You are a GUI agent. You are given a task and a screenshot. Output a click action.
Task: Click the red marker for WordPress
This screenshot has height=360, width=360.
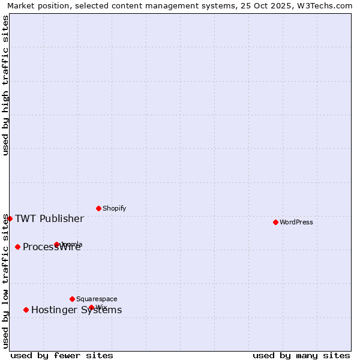coord(275,222)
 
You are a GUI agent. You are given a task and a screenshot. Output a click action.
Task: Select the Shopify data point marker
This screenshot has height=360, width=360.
coord(98,208)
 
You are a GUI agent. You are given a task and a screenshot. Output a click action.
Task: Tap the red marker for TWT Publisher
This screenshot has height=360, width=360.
coord(10,218)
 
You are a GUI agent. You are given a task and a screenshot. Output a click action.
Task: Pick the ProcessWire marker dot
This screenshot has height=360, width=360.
coord(17,247)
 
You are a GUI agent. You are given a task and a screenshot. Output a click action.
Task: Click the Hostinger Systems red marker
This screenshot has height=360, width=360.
coord(26,310)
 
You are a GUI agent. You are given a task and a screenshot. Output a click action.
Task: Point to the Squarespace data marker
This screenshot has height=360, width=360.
coord(72,299)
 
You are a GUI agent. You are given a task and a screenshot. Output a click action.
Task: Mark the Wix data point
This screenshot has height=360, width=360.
coord(91,307)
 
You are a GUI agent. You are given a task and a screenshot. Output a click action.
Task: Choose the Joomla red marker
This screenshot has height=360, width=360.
coord(56,244)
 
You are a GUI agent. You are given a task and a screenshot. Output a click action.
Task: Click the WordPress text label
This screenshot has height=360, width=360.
coord(296,222)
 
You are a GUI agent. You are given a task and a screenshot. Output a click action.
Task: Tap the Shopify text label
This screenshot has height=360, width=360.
coord(114,208)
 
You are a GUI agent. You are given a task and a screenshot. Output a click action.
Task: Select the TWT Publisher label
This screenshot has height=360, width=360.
coord(49,218)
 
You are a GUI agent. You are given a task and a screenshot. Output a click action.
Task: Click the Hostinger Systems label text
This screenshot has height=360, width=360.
coord(76,310)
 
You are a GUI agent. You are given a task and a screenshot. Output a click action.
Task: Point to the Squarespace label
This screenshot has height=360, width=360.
coord(97,299)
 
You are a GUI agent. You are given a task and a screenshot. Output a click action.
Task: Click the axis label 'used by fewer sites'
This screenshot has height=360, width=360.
coord(62,355)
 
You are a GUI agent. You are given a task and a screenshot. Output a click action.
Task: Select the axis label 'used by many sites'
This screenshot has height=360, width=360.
coord(301,355)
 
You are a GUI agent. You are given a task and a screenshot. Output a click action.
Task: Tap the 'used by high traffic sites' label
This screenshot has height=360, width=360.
coord(5,85)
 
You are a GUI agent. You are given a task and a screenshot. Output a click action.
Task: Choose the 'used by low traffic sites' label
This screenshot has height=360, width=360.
coord(5,281)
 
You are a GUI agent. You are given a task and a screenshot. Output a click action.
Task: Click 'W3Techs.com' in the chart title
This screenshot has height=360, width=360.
coord(328,5)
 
